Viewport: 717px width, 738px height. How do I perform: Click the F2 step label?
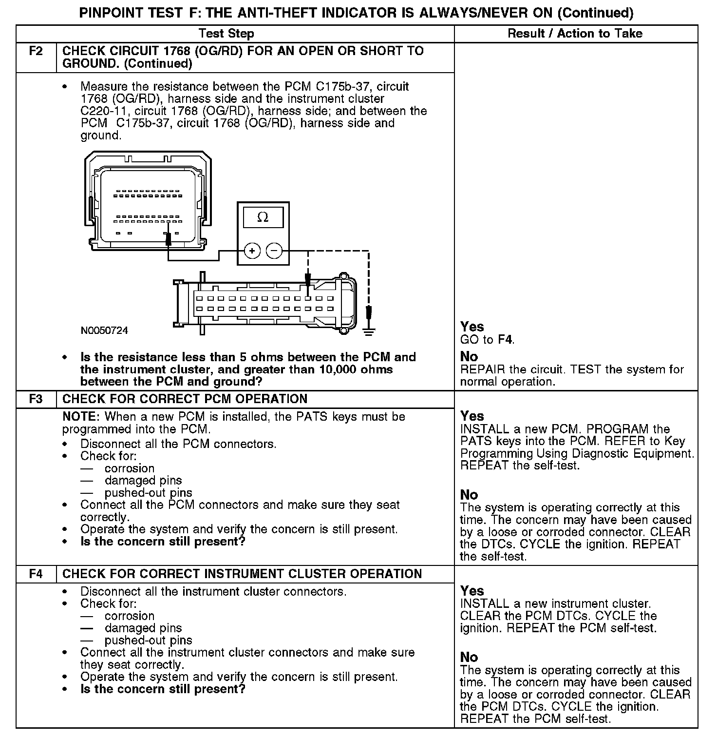tap(36, 51)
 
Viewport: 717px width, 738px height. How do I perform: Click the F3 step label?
tap(36, 399)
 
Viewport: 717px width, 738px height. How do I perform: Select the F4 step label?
tap(36, 574)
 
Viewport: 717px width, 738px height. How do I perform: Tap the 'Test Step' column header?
tap(226, 34)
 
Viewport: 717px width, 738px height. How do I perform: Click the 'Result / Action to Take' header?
tap(575, 34)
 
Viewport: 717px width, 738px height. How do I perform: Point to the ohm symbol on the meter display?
tap(263, 217)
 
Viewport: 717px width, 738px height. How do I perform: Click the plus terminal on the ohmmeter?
tap(252, 251)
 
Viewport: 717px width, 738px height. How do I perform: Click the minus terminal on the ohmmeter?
tap(274, 251)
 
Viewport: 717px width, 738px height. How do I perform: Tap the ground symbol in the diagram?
tap(369, 332)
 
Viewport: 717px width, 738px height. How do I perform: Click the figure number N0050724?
tap(104, 330)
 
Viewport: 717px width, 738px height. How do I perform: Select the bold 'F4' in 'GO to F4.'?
tap(506, 340)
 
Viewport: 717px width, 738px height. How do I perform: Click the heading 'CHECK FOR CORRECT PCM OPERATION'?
tap(185, 399)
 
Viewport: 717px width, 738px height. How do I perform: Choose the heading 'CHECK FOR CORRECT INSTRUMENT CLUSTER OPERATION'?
tap(242, 574)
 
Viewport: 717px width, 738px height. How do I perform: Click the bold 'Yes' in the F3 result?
tap(472, 416)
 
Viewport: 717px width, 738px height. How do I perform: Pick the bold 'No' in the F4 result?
tap(469, 657)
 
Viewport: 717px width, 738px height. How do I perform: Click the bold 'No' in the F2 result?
tap(469, 356)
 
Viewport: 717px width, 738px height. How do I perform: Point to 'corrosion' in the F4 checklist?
tap(130, 616)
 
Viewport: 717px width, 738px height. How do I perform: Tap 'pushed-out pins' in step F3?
tap(149, 493)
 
